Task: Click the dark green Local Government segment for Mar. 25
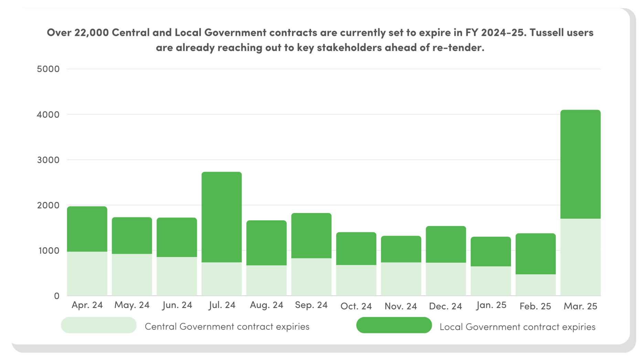tap(580, 164)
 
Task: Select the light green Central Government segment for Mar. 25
tap(580, 257)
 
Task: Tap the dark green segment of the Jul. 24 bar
tap(222, 217)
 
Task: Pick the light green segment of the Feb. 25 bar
tap(535, 285)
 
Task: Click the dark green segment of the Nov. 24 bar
tap(401, 249)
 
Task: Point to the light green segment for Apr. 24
tap(87, 273)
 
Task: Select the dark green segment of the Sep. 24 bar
tap(311, 235)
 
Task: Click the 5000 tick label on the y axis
tap(48, 69)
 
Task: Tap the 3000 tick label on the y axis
tap(48, 160)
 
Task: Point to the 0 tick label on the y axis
tap(56, 296)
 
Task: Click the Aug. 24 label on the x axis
tap(266, 305)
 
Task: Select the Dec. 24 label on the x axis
tap(445, 306)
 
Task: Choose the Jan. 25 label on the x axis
tap(491, 305)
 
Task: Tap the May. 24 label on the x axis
tap(132, 305)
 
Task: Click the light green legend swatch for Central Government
tap(99, 325)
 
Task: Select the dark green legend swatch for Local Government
tap(394, 325)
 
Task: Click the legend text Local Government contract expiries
tap(517, 327)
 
